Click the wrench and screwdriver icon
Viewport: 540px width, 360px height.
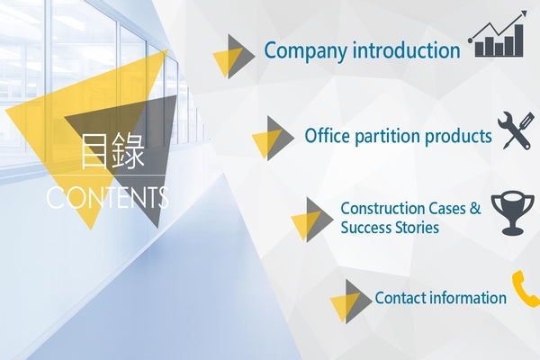point(515,131)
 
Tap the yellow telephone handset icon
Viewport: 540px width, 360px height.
point(525,290)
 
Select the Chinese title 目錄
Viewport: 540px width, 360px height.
point(112,152)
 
